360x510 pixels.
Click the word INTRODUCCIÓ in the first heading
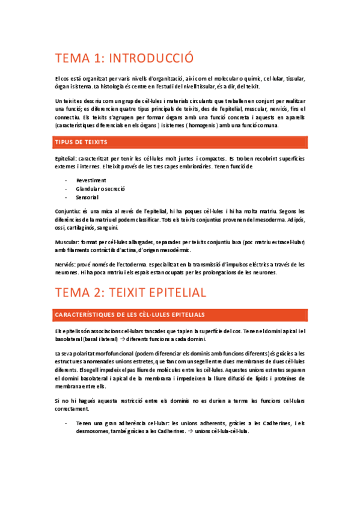153,59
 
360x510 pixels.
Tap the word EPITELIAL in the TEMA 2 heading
169,292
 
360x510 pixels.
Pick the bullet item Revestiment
91,180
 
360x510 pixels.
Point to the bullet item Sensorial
88,197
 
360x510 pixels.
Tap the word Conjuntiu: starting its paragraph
67,211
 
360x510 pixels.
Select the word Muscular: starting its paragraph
67,242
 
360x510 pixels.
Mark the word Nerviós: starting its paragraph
65,264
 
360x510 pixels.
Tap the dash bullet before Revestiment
66,180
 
